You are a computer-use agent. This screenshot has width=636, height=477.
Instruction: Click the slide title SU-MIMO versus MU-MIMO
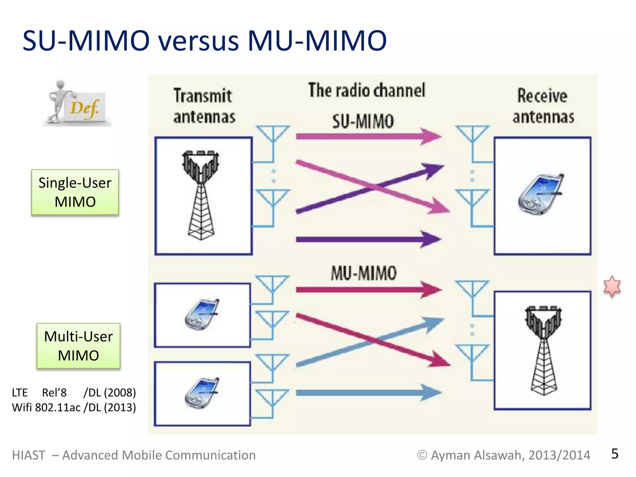point(204,41)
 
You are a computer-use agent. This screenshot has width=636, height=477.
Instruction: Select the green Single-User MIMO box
point(75,192)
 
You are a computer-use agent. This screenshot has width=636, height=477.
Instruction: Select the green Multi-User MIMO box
point(78,346)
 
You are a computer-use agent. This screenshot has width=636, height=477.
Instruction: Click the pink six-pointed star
point(612,286)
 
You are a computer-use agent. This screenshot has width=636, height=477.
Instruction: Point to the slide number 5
point(615,454)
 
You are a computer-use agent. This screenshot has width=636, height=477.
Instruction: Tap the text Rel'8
point(54,393)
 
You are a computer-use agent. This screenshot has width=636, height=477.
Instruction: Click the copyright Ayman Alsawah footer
point(503,455)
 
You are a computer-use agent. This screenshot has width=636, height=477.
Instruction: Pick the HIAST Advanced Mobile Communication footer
point(134,455)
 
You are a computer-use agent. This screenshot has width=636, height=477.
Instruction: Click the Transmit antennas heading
point(204,106)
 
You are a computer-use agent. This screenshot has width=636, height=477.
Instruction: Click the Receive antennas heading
point(543,106)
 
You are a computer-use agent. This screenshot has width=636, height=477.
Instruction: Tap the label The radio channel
point(366,90)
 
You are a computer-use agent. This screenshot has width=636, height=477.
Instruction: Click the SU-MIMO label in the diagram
point(363,121)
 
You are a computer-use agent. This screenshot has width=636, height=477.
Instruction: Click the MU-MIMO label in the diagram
point(363,273)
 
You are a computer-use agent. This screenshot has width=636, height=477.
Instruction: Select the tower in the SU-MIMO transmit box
point(201,195)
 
